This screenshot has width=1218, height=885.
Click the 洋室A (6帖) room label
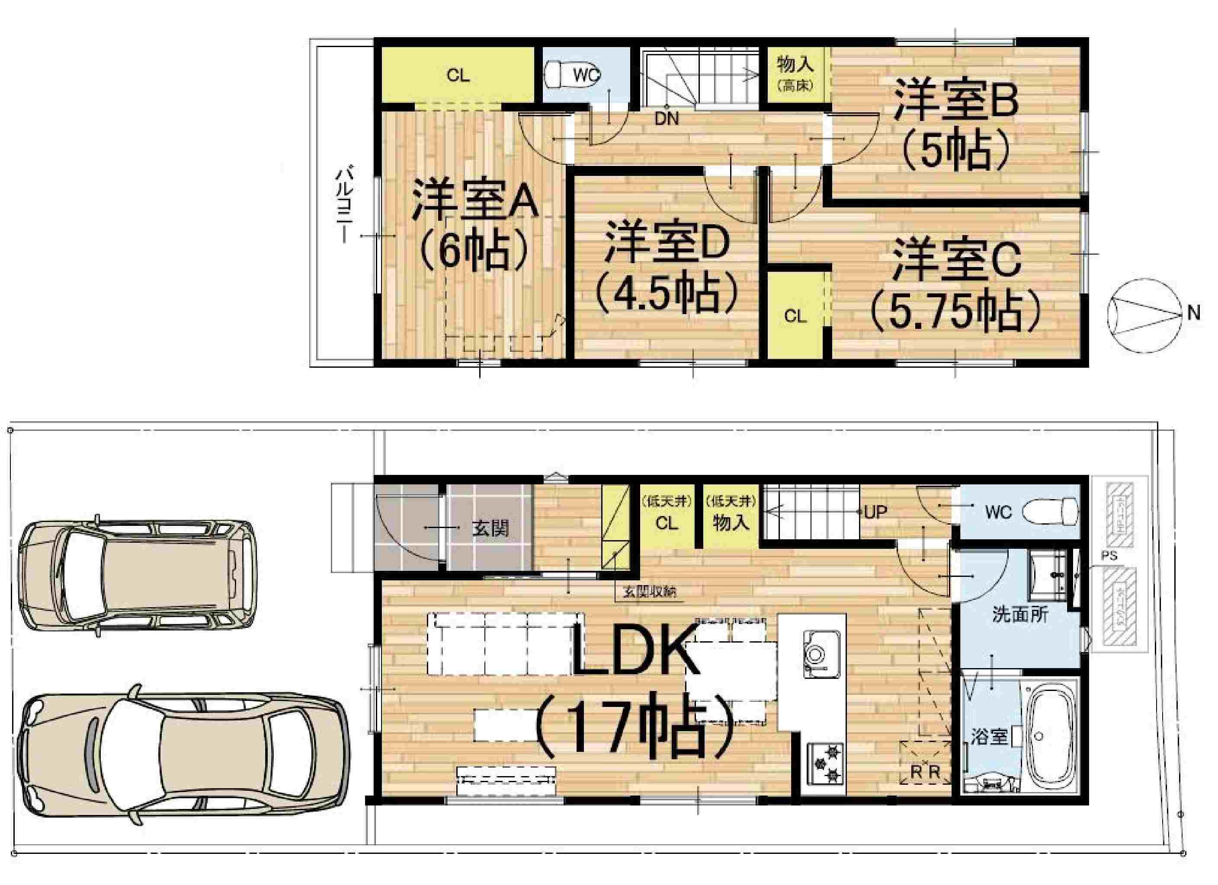pyautogui.click(x=475, y=229)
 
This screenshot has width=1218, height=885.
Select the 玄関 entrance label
pyautogui.click(x=490, y=529)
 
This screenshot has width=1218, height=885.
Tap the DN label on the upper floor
pyautogui.click(x=666, y=118)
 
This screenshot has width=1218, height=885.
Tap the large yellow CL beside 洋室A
pyautogui.click(x=458, y=76)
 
